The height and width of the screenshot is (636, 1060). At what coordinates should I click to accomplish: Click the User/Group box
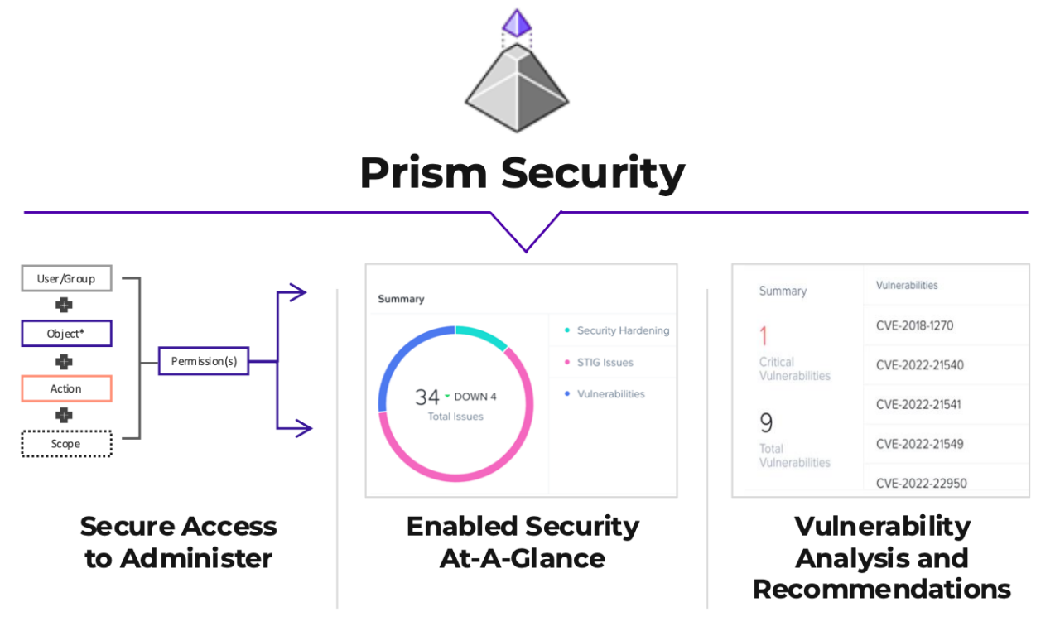[66, 279]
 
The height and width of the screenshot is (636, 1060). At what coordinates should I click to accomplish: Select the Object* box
[66, 335]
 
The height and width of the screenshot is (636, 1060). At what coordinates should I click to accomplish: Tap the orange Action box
[66, 388]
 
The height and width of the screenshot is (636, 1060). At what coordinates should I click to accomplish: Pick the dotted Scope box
[66, 444]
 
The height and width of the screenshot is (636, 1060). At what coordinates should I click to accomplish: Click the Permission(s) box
[203, 361]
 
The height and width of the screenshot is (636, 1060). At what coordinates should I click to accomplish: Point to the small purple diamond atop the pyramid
[517, 22]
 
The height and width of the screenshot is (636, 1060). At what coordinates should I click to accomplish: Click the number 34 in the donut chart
[427, 397]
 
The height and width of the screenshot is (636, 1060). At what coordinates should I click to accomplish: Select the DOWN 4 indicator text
[475, 397]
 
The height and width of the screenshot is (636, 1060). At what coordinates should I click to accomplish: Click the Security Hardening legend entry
[622, 330]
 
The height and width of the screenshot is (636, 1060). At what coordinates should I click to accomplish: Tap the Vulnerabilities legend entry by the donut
[610, 394]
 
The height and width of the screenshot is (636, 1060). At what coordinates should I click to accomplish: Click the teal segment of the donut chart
[482, 335]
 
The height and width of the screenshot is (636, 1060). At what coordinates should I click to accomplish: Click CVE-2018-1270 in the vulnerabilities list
[914, 325]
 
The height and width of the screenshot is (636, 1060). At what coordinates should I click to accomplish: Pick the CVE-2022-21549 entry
[919, 444]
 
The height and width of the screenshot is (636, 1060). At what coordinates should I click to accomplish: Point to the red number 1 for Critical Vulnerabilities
[764, 336]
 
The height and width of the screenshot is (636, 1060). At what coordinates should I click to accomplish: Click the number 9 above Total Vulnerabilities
[766, 423]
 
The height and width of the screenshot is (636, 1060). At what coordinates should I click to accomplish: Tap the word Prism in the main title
[423, 173]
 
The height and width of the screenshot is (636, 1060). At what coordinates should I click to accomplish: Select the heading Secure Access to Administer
[179, 542]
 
